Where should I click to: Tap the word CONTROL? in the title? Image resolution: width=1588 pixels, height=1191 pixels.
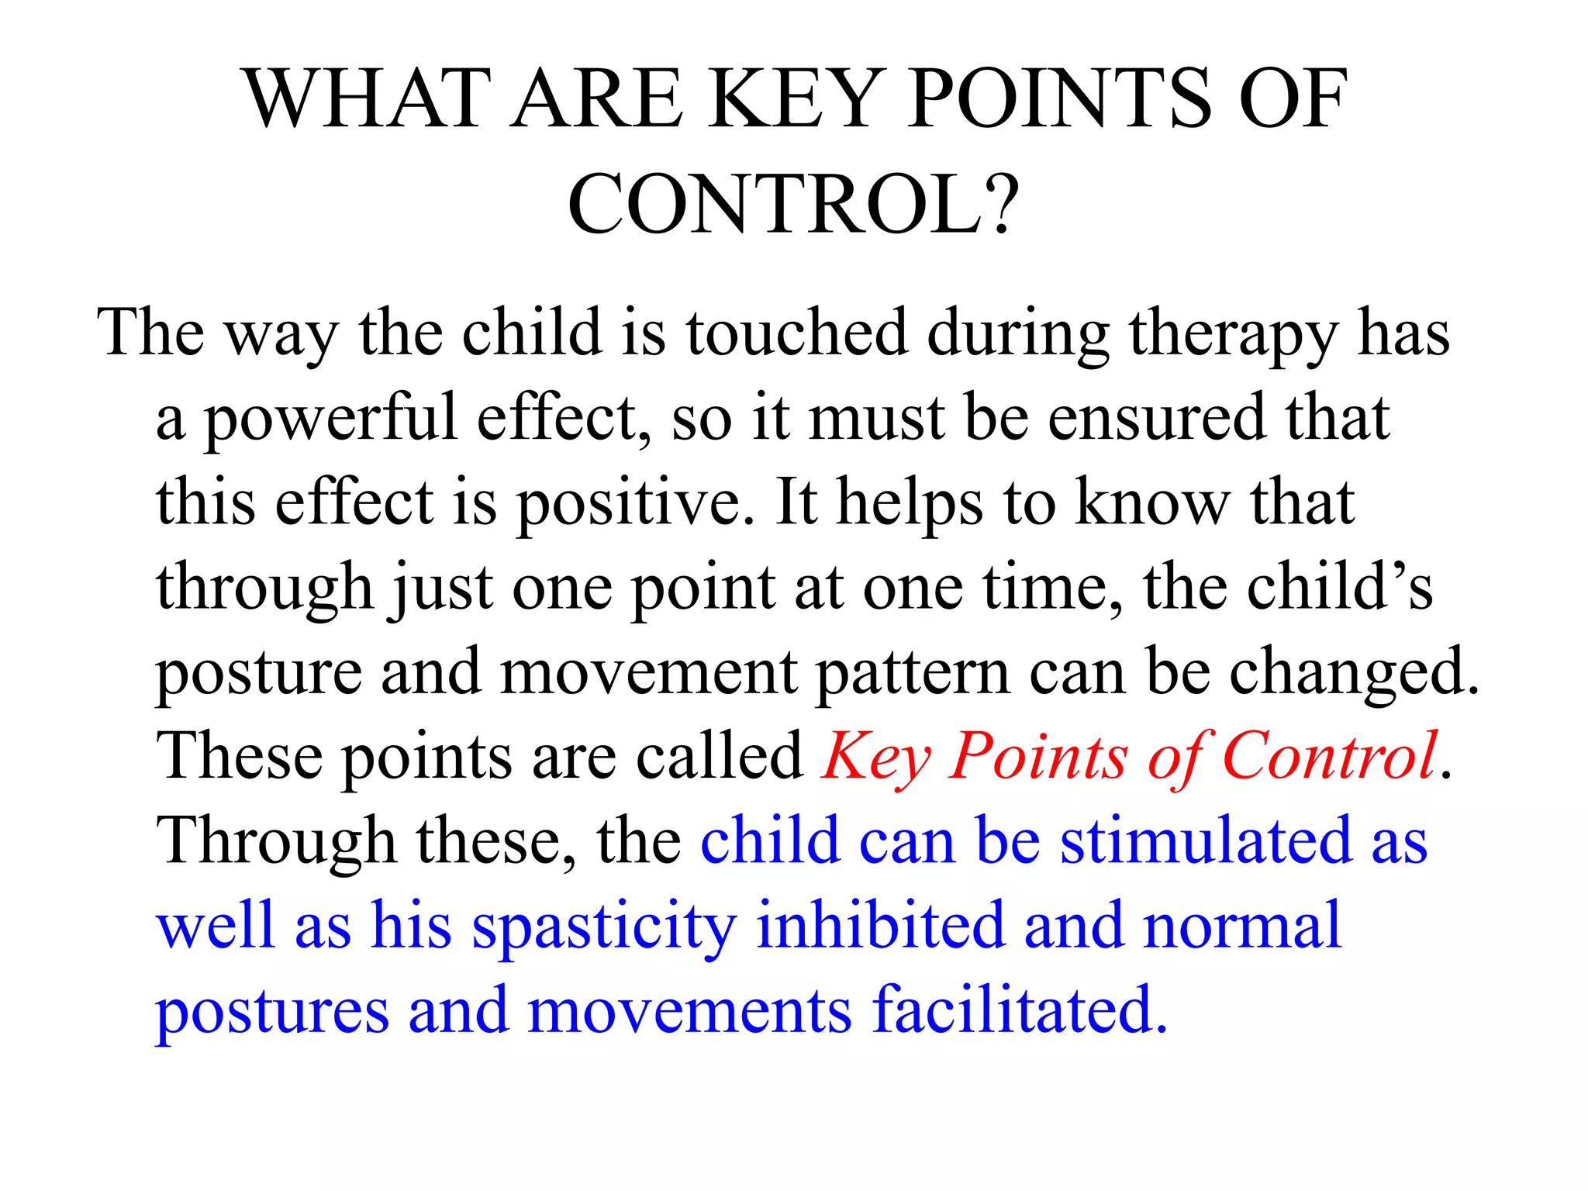click(792, 204)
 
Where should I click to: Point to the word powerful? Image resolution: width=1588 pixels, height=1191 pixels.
click(330, 419)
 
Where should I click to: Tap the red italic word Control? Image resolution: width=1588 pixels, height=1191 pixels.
click(1329, 757)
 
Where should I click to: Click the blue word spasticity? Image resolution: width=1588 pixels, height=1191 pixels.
click(604, 927)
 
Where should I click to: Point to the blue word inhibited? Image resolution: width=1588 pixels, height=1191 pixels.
click(879, 925)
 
